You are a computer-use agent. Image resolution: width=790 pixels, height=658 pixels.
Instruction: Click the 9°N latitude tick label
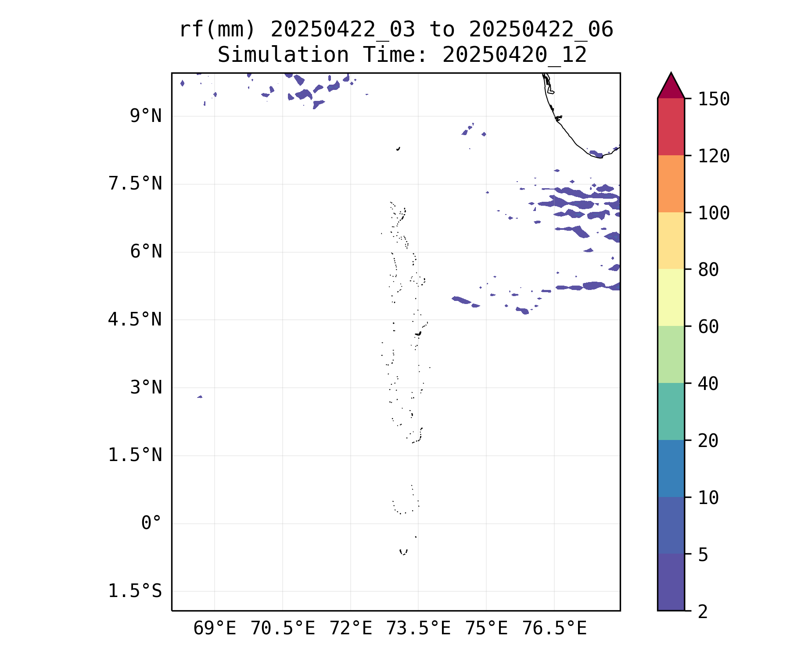[x=146, y=116]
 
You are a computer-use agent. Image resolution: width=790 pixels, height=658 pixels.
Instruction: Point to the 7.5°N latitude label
[x=135, y=184]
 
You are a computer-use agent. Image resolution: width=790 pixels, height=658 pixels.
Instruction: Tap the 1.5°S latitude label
[x=135, y=591]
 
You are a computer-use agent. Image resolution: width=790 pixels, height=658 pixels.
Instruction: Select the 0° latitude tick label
[x=151, y=523]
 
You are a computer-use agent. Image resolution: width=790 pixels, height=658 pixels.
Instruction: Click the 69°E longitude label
[x=215, y=629]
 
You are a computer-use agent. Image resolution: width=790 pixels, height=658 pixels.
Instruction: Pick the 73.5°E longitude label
[x=418, y=629]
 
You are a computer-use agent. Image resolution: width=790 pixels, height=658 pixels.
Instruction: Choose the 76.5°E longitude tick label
[x=554, y=629]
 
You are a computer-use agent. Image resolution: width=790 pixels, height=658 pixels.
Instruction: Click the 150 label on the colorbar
[x=714, y=99]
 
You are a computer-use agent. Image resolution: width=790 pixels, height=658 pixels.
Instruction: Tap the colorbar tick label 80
[x=708, y=270]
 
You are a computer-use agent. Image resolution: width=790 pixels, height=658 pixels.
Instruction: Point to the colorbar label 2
[x=703, y=612]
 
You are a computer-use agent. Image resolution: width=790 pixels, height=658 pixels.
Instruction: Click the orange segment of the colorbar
[x=671, y=184]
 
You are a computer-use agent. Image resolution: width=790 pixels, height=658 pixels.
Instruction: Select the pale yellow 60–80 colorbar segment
[x=671, y=297]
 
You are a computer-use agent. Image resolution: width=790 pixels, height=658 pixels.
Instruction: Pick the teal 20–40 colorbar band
[x=671, y=411]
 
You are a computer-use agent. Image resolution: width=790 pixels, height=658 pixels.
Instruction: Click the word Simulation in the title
[x=283, y=55]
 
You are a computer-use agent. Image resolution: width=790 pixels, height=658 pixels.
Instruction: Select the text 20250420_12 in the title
[x=514, y=55]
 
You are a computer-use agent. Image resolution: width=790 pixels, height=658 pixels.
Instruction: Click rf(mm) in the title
[x=217, y=30]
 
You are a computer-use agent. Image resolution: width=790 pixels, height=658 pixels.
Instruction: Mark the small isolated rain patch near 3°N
[x=200, y=397]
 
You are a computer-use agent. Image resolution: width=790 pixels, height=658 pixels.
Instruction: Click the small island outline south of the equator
[x=403, y=552]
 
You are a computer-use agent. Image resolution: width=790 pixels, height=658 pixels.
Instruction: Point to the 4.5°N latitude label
[x=135, y=320]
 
